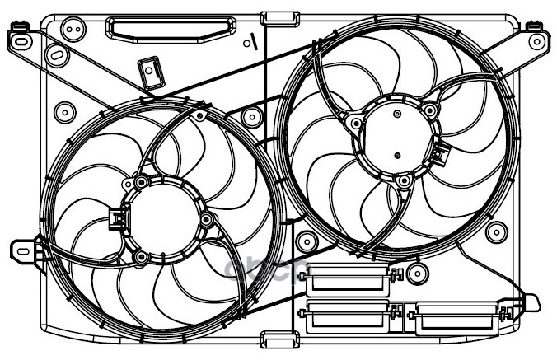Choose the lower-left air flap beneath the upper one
[346, 316]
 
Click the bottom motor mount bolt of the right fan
[403, 180]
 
